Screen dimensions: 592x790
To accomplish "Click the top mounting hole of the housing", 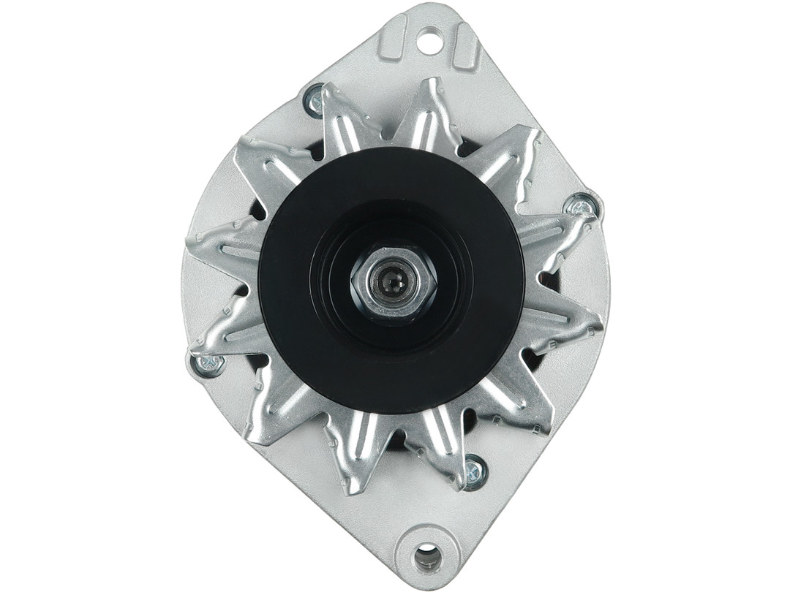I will tap(429, 39).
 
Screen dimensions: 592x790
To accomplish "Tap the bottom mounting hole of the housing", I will tap(427, 557).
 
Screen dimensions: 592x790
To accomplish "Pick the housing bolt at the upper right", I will tap(582, 207).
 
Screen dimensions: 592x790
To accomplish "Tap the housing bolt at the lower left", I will tap(207, 363).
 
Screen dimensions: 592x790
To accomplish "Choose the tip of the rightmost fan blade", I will tap(596, 322).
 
